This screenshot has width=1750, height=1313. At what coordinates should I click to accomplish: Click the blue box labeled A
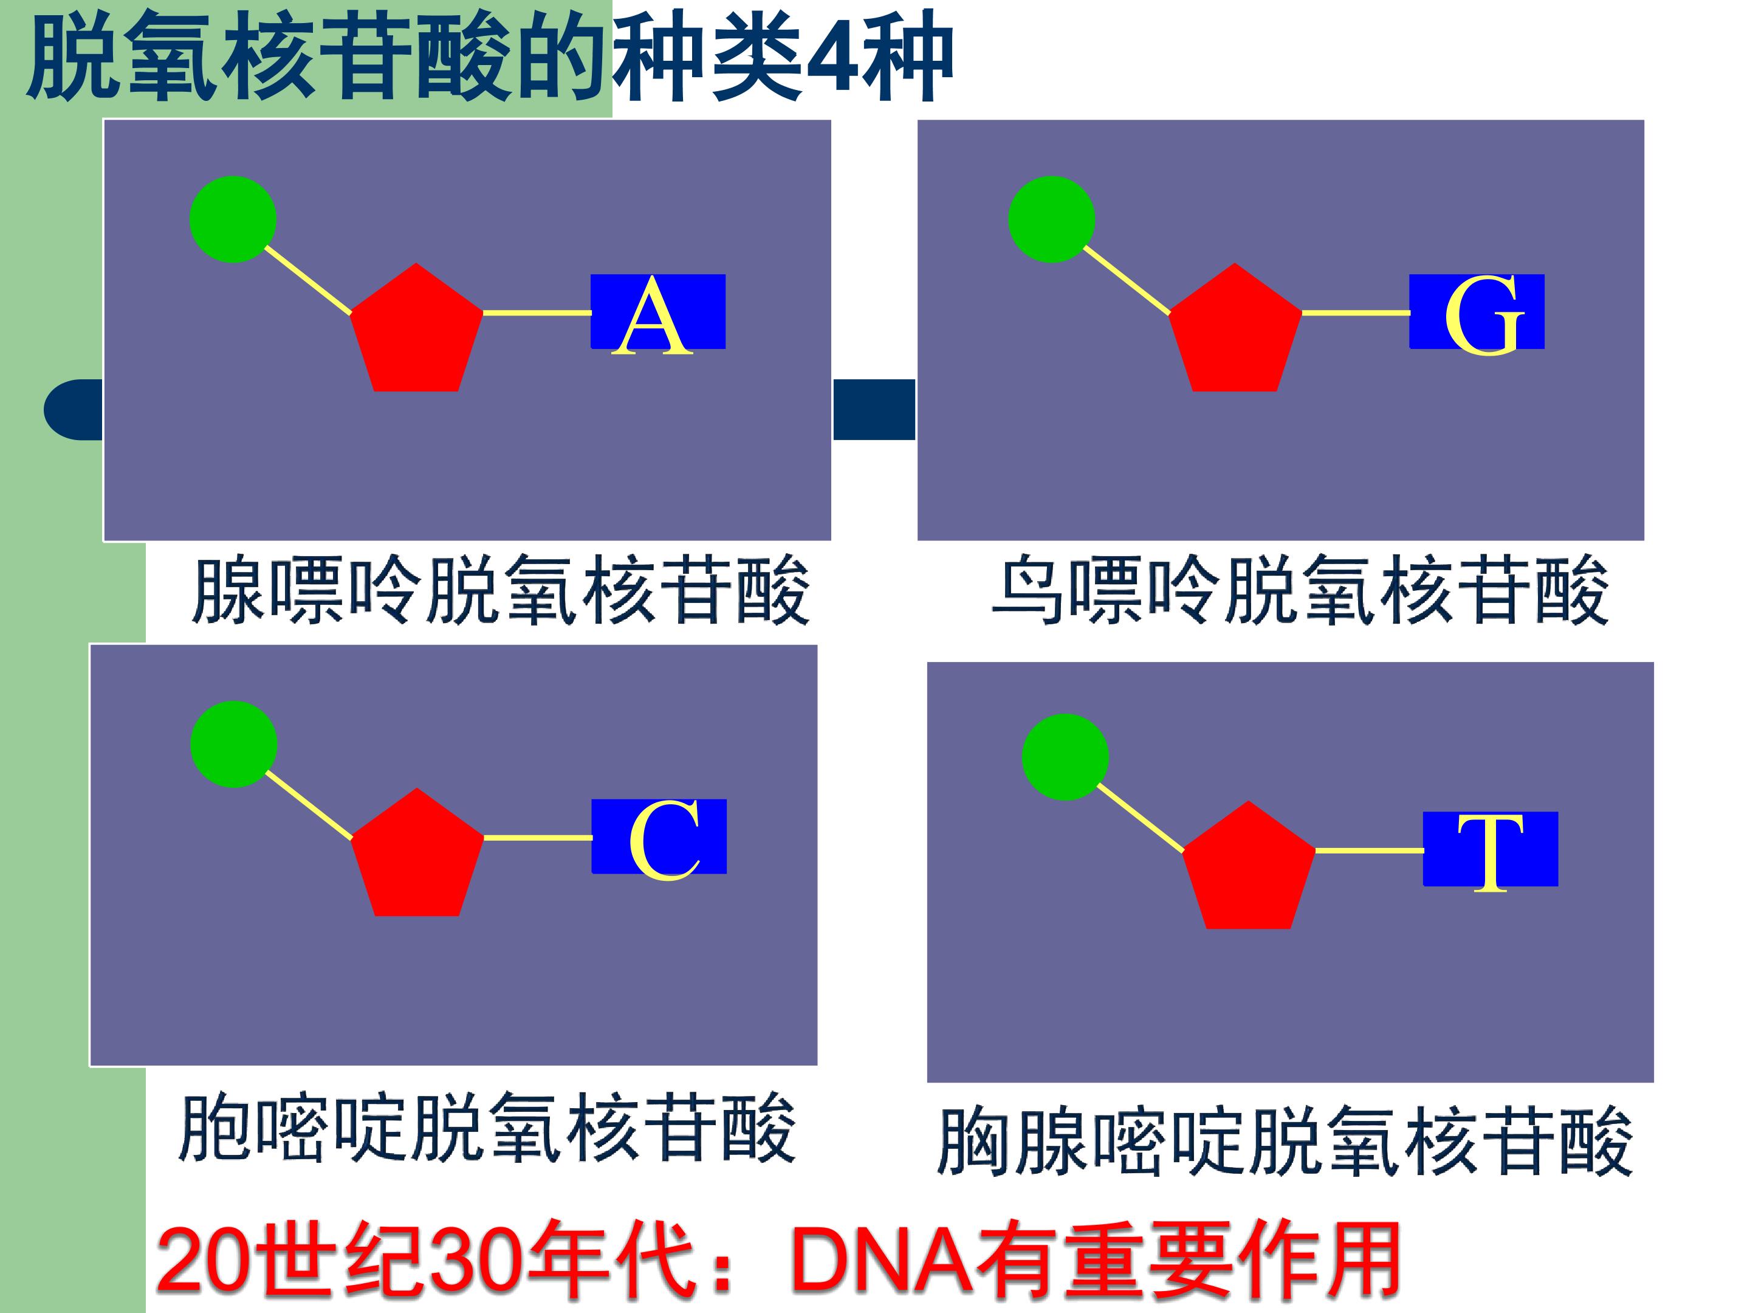(657, 312)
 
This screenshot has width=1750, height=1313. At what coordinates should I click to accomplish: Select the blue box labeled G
(1477, 312)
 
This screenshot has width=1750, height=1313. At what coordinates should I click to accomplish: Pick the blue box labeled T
(1490, 849)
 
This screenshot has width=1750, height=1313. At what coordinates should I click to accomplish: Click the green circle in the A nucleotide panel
(233, 219)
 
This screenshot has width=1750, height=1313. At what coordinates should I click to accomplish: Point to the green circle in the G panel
(1051, 219)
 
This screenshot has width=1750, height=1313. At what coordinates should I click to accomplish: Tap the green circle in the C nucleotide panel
(233, 744)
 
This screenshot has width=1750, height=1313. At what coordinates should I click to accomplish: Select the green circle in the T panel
(1065, 757)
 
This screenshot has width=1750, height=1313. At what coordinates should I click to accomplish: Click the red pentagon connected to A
(416, 333)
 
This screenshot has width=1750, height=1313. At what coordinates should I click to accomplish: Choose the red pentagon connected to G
(1234, 333)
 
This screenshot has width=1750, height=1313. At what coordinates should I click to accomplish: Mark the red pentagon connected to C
(417, 857)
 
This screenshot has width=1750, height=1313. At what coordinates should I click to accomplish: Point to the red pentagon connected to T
(1249, 870)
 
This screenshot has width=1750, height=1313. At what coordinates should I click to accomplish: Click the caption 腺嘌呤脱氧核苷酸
(501, 591)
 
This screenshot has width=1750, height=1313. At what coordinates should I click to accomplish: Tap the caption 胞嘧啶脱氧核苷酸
(487, 1128)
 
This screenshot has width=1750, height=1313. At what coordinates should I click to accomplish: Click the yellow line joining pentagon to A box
(537, 312)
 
